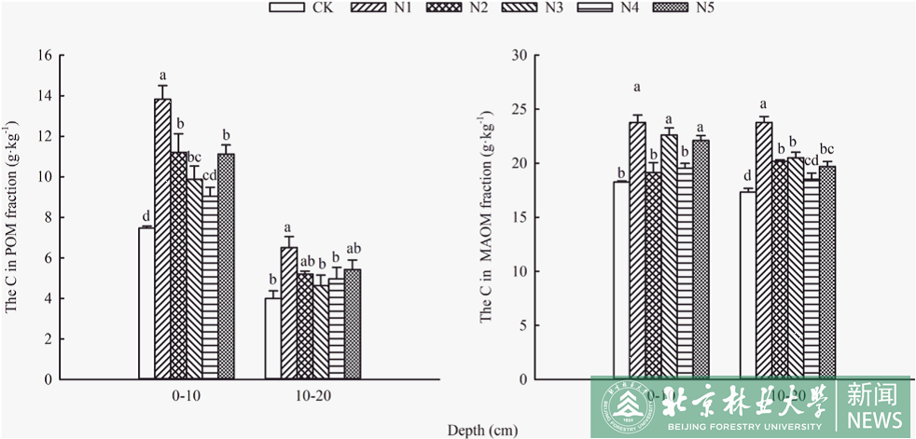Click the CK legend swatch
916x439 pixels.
pos(285,8)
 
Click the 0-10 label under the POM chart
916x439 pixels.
pos(186,397)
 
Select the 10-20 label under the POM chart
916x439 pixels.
pos(312,397)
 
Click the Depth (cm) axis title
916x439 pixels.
pos(482,431)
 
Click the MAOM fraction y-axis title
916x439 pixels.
pos(486,219)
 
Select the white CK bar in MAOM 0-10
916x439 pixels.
pos(620,280)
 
